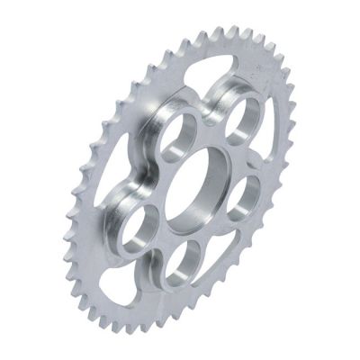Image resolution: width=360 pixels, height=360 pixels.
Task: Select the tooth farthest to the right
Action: tap(302, 135)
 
